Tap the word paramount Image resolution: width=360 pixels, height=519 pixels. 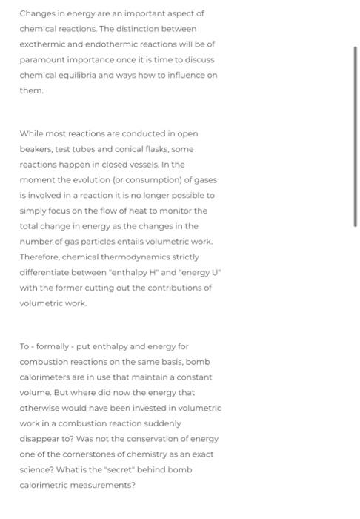tap(42, 60)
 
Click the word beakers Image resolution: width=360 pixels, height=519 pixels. tap(36, 149)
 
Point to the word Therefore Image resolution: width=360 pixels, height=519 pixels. tap(40, 257)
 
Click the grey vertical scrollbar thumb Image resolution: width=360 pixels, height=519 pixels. tap(356, 137)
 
